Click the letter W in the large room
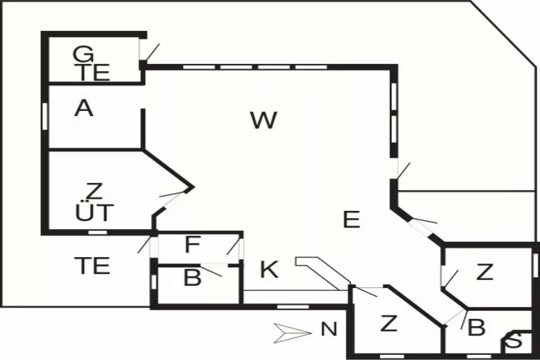click(264, 120)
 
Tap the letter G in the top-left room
click(84, 54)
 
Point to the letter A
click(84, 109)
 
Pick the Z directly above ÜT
click(94, 192)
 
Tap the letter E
click(351, 220)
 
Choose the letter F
click(192, 246)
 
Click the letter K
click(269, 271)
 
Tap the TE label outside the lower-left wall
click(93, 266)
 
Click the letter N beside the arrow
click(329, 330)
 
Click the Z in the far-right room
click(485, 272)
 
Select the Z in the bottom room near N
click(389, 324)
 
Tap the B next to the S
click(477, 328)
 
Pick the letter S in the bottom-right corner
click(516, 342)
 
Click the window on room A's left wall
click(45, 115)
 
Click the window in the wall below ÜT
click(97, 233)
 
